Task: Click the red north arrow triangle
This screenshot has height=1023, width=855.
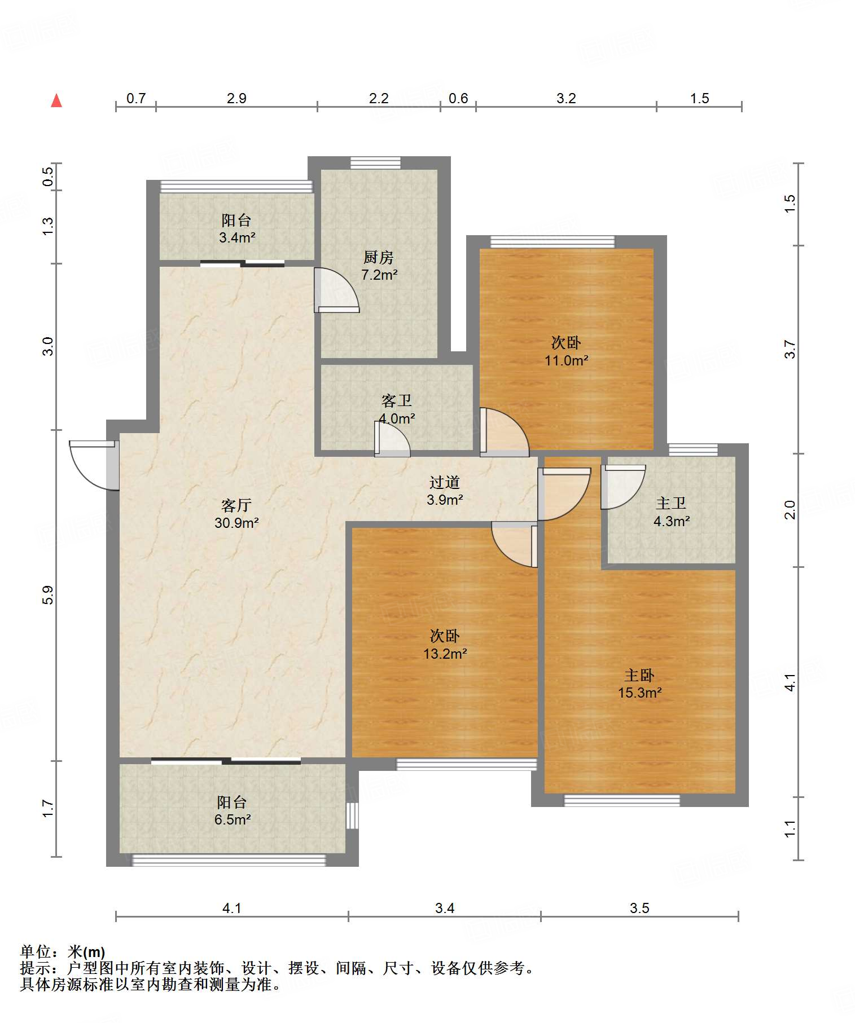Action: (56, 100)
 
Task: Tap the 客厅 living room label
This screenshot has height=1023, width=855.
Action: (236, 505)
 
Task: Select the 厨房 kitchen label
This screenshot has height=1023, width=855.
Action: (378, 258)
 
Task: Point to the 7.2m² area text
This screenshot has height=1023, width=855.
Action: (379, 275)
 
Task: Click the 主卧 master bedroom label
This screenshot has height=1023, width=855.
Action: (639, 675)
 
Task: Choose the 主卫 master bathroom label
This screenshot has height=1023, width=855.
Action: (671, 503)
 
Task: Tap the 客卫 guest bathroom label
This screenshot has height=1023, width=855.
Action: (396, 401)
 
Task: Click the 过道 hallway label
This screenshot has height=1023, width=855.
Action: (445, 482)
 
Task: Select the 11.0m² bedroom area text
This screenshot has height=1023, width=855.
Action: (567, 360)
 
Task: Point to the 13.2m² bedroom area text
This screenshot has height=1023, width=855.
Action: (445, 654)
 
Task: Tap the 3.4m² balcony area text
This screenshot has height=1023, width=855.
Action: (237, 237)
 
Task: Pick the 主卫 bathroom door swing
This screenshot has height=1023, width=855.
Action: (623, 487)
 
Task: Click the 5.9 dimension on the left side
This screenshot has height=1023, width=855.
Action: (49, 595)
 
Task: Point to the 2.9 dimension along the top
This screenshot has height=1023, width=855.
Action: (236, 99)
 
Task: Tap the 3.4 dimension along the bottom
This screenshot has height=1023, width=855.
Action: (445, 908)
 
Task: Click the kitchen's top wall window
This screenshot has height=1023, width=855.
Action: (375, 163)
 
